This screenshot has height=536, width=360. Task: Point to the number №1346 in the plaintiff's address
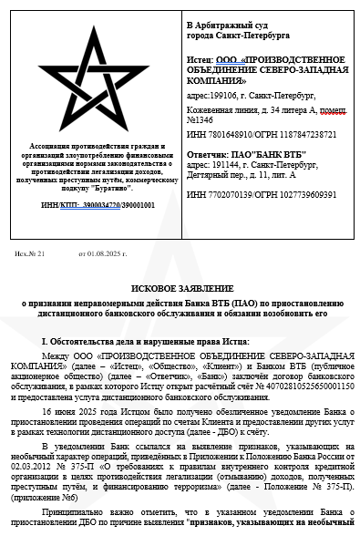pyautogui.click(x=201, y=120)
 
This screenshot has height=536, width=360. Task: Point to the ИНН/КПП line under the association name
pyautogui.click(x=98, y=204)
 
